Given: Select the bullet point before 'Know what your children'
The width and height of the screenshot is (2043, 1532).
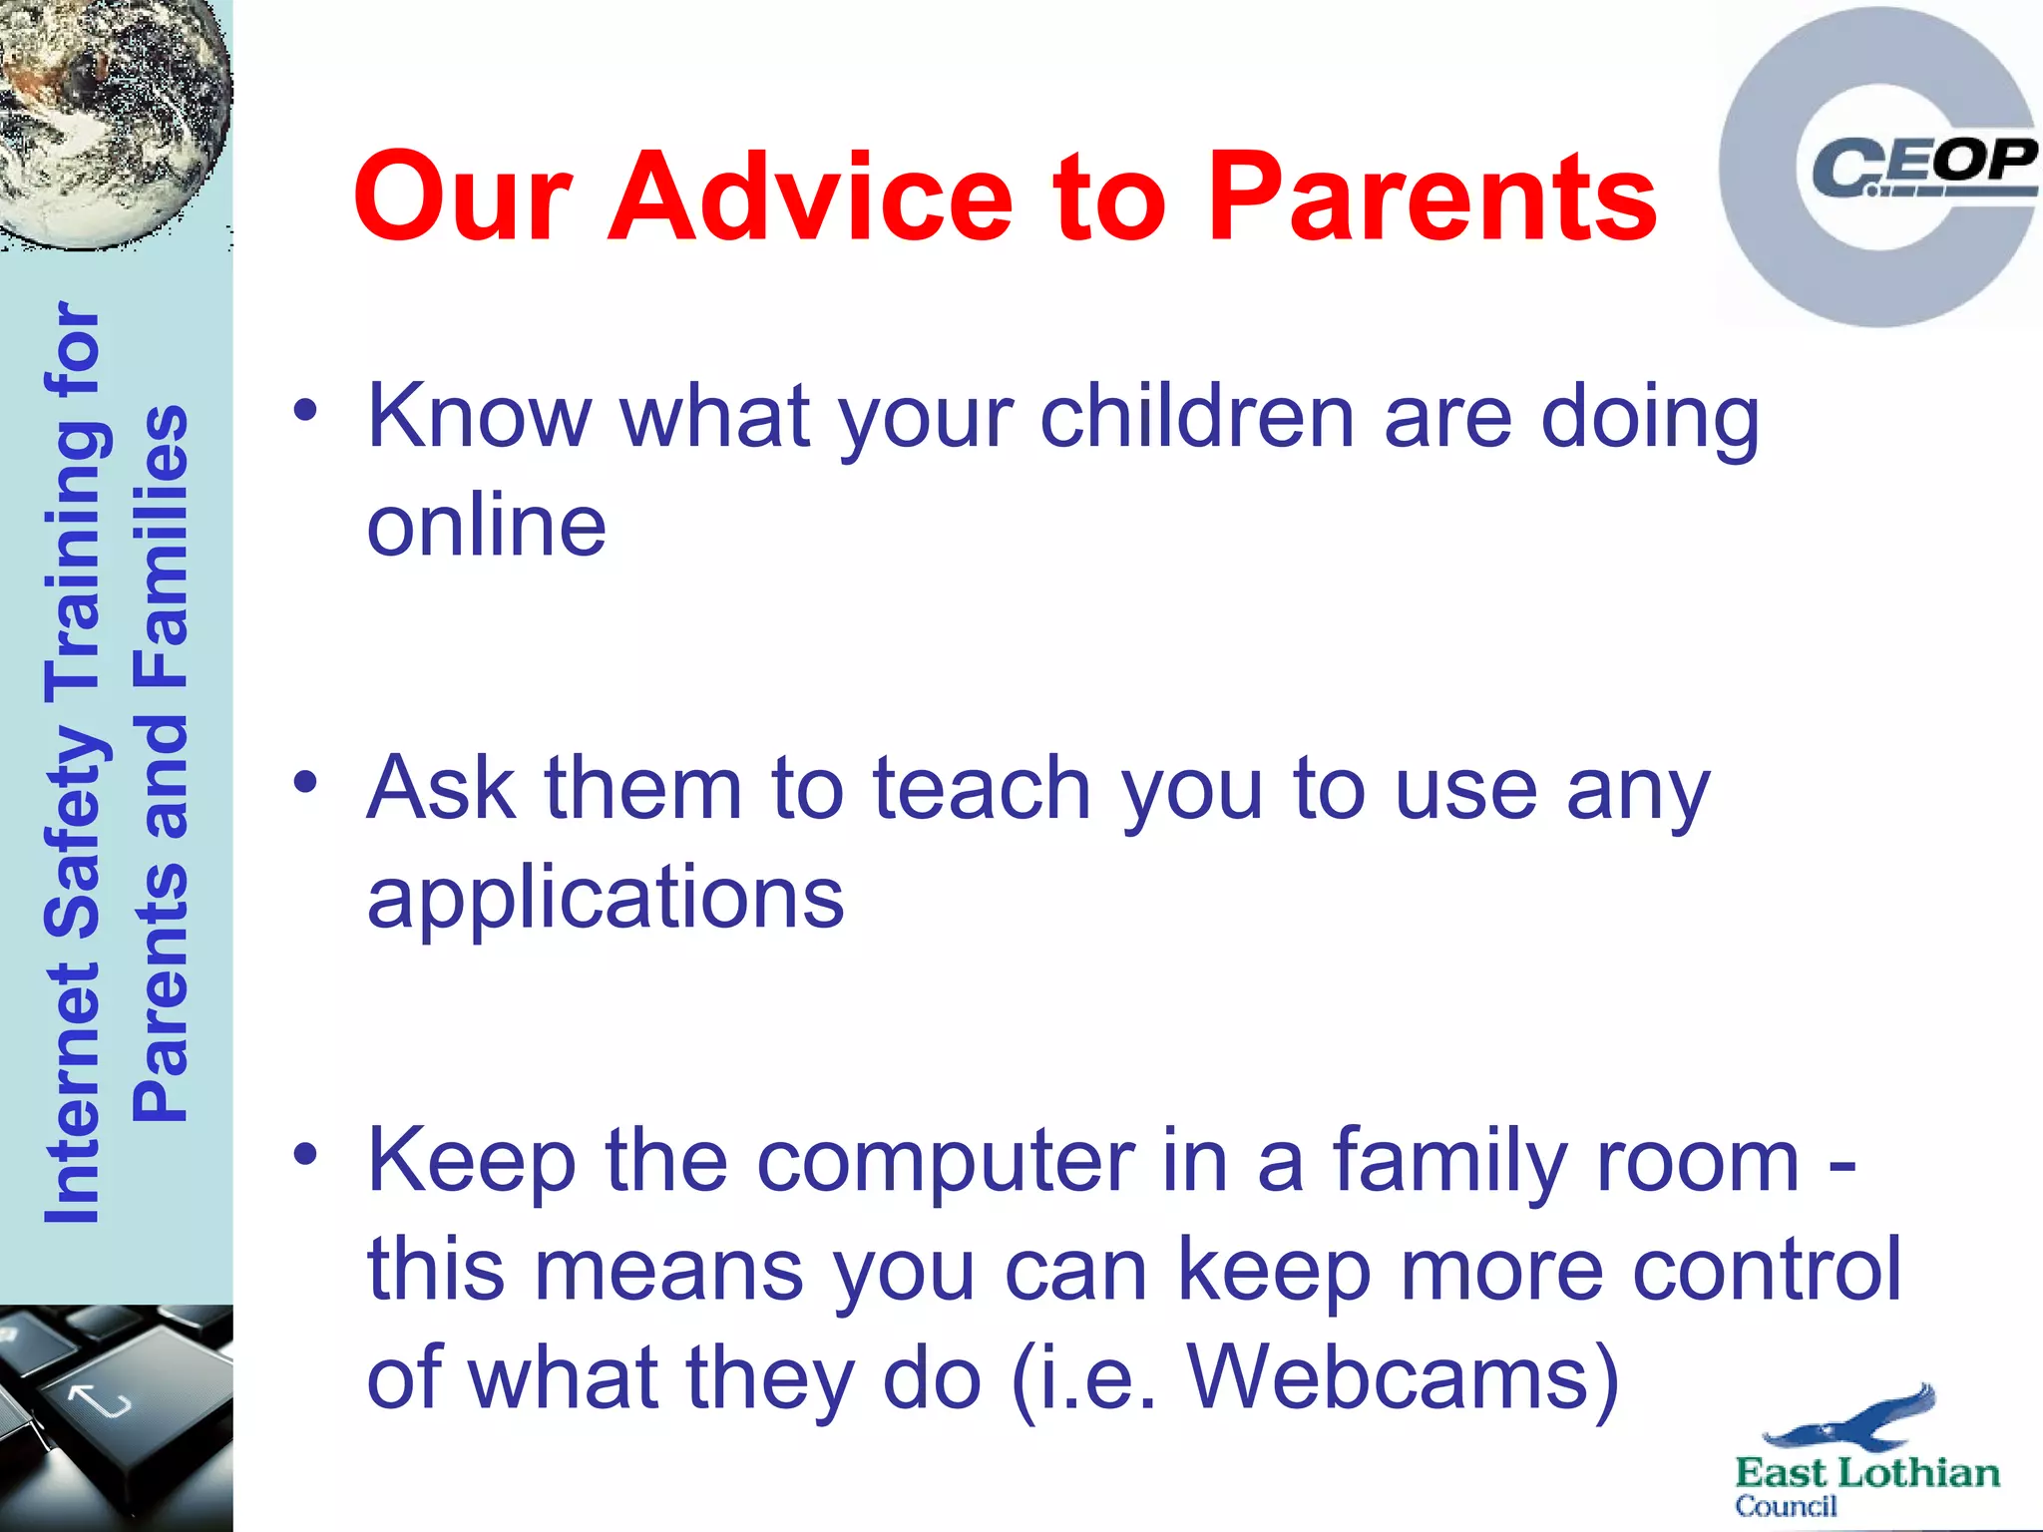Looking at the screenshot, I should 305,410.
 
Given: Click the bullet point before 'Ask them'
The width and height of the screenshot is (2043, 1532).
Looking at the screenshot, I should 305,782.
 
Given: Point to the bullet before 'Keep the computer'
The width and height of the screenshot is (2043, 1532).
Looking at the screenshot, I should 305,1154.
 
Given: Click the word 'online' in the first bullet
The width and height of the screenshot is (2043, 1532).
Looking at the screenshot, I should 487,526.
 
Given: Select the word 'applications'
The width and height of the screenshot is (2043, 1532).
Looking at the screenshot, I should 606,899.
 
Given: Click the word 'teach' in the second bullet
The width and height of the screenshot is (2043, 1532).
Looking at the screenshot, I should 982,789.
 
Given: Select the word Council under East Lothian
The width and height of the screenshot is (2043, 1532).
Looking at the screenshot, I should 1786,1506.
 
